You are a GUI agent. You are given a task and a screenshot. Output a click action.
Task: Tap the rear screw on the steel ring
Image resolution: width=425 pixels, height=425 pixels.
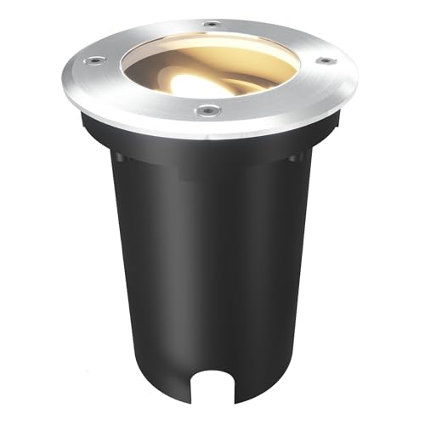212,24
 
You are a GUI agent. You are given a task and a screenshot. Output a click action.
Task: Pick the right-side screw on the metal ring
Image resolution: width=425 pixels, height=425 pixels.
323,60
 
